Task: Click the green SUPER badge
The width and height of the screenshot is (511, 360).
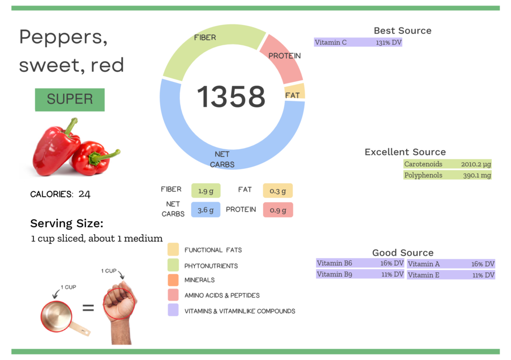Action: pyautogui.click(x=69, y=99)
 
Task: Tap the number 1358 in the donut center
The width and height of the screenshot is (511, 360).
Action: pyautogui.click(x=231, y=97)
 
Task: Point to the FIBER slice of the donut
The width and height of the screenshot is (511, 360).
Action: pyautogui.click(x=210, y=47)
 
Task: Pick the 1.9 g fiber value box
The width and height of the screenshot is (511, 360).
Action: pyautogui.click(x=206, y=190)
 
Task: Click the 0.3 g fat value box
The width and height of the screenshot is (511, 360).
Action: pyautogui.click(x=277, y=190)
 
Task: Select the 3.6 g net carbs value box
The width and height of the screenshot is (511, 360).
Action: pyautogui.click(x=206, y=210)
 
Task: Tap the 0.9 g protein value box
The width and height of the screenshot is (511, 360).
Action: pyautogui.click(x=277, y=210)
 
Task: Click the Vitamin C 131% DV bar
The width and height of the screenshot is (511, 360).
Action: pyautogui.click(x=358, y=42)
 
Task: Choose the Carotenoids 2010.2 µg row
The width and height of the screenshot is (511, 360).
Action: pyautogui.click(x=447, y=164)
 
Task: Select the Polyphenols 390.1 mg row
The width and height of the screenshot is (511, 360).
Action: pyautogui.click(x=447, y=175)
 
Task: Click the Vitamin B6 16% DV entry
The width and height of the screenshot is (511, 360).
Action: pyautogui.click(x=360, y=263)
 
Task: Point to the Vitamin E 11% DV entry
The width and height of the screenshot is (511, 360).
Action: pyautogui.click(x=451, y=275)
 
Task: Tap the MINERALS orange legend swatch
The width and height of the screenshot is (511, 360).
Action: pyautogui.click(x=173, y=280)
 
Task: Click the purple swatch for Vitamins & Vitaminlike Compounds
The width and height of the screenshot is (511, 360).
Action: pyautogui.click(x=173, y=311)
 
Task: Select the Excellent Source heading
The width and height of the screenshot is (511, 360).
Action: pyautogui.click(x=405, y=152)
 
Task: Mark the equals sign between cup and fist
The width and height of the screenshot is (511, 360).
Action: pyautogui.click(x=88, y=308)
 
